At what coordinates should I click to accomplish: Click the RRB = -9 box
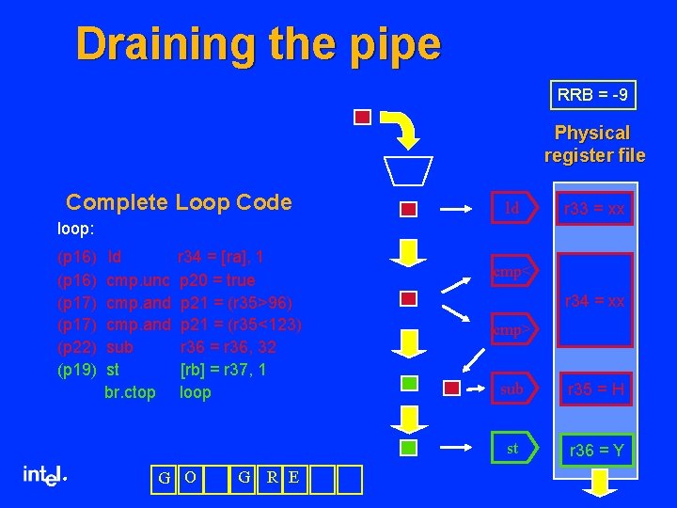tap(592, 95)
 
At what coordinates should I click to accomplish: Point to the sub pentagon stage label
tap(513, 389)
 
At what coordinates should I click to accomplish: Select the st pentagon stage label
tap(513, 449)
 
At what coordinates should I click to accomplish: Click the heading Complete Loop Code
tap(179, 202)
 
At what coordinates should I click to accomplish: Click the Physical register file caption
tap(593, 144)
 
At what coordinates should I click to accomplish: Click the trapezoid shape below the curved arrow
tap(407, 170)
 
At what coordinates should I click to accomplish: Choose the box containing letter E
tap(293, 478)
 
